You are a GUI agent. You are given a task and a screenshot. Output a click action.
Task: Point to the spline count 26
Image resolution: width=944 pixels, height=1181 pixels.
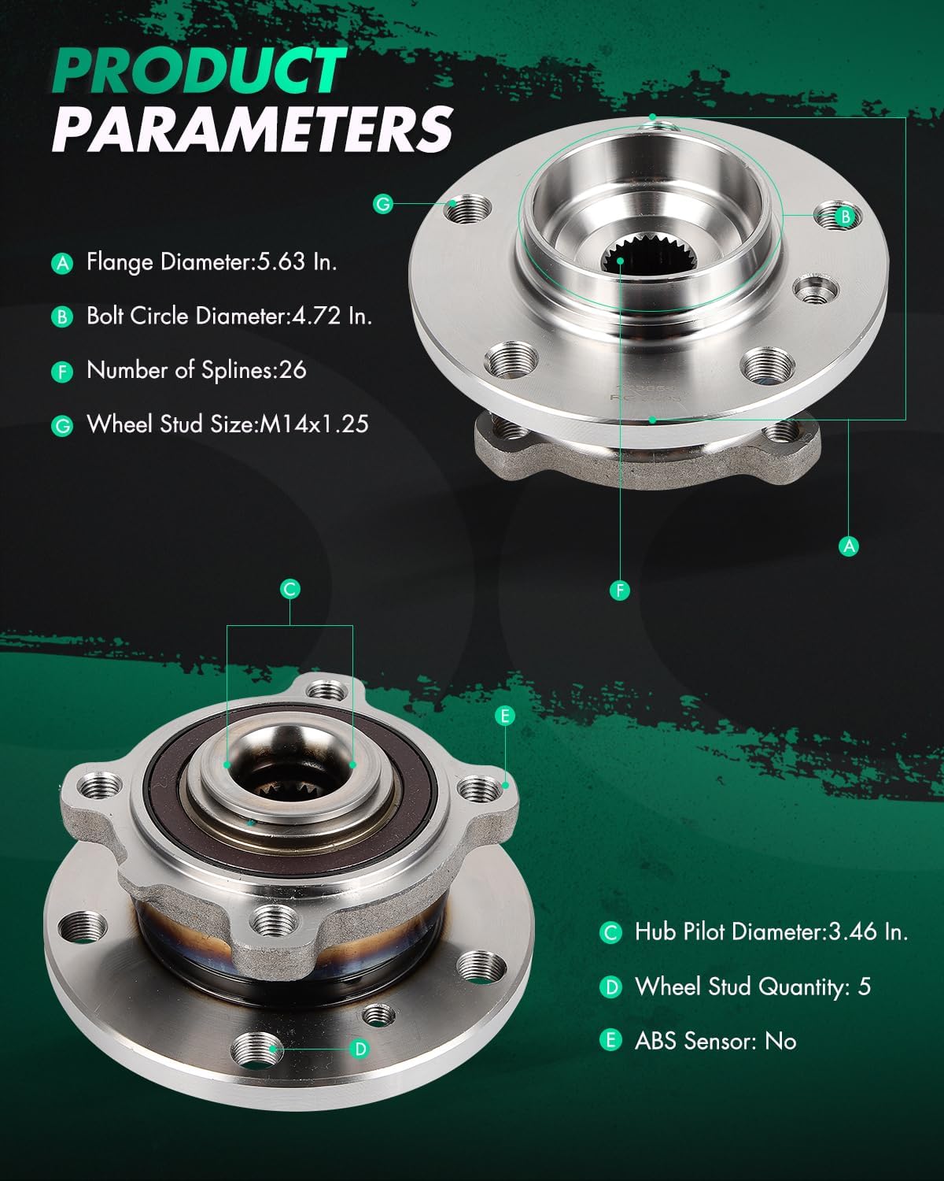click(x=292, y=370)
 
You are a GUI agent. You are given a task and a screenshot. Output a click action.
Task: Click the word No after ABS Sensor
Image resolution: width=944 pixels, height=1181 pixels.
click(x=780, y=1041)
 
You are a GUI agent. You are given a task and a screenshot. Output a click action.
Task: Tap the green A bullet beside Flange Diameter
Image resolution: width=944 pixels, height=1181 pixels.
click(x=62, y=263)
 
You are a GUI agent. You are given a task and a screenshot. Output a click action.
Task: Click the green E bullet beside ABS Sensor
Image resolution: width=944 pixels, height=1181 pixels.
click(x=610, y=1042)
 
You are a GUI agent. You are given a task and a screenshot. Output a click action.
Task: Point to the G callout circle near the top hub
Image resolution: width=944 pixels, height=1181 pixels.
click(x=383, y=204)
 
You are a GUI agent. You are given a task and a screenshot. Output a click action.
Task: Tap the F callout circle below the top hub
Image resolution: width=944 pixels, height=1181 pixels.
click(x=620, y=590)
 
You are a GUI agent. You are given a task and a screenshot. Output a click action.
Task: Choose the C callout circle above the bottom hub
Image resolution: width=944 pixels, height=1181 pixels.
click(x=290, y=589)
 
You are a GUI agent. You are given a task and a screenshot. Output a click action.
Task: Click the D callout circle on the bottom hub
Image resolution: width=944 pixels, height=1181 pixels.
click(x=360, y=1049)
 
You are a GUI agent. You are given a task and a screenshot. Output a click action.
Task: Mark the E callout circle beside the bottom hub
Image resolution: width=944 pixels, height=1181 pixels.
click(x=505, y=716)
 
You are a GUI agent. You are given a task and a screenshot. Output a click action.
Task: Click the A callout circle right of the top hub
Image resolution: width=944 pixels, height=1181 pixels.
click(x=849, y=546)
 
